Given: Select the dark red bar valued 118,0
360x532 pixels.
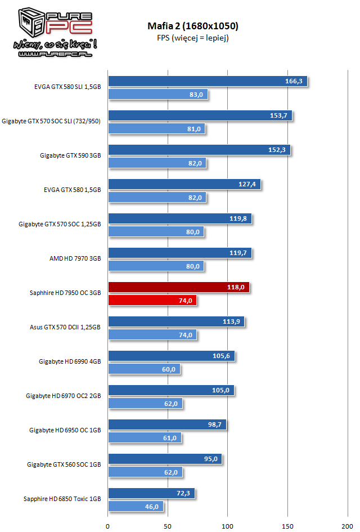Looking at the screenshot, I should coord(178,287).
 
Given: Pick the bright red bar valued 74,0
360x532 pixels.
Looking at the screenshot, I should coord(152,301).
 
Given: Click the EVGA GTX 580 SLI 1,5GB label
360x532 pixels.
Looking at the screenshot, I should coord(67,87).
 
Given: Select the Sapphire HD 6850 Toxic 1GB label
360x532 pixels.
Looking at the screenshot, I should coord(62,499).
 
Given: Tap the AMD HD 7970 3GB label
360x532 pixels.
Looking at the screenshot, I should coord(75,258).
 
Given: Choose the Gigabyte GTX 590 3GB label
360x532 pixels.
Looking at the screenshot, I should coord(70,155).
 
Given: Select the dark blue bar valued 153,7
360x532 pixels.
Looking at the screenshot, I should coord(200,115).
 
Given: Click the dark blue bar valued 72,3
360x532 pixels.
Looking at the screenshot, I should coord(151,493).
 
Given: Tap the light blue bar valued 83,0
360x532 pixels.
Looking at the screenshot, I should coord(157,95).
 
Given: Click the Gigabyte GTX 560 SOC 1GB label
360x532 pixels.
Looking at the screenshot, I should coord(64,464).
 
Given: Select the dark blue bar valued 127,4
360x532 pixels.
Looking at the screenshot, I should coord(184,184).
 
